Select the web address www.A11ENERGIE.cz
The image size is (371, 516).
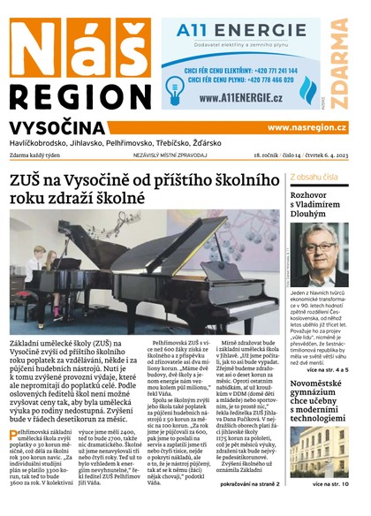(x=240, y=97)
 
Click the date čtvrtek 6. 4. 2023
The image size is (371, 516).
(x=319, y=156)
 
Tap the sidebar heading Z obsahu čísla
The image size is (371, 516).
(x=313, y=176)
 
